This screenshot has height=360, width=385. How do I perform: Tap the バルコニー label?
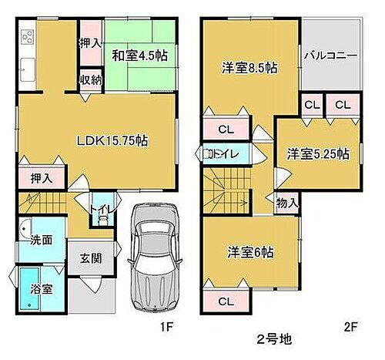330,56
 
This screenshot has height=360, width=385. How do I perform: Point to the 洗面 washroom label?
42,240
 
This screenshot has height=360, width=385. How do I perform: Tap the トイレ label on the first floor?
99,208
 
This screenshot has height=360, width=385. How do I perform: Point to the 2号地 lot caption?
271,338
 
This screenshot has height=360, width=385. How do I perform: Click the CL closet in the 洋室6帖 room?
226,301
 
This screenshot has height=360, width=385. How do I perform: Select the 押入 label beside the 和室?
89,44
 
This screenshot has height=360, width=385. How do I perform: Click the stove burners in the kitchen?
28,38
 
